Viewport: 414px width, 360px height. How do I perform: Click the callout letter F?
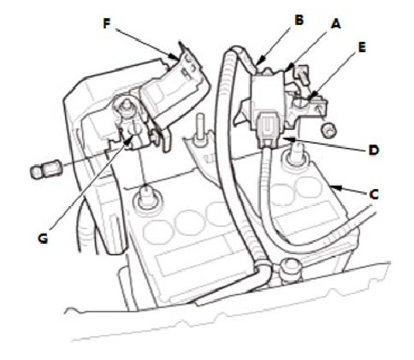[x=107, y=24]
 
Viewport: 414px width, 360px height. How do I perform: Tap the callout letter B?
[x=299, y=21]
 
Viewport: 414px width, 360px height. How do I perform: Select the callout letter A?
[x=336, y=24]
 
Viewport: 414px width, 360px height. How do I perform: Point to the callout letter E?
[x=362, y=48]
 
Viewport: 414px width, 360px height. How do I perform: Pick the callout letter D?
[x=374, y=150]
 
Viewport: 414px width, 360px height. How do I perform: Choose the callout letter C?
[x=374, y=194]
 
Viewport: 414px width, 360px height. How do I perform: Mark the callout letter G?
[x=43, y=239]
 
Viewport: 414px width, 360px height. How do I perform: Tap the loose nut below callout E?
[x=328, y=130]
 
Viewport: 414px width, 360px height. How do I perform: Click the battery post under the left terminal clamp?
[x=147, y=198]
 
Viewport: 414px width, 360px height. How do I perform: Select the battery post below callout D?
[x=296, y=156]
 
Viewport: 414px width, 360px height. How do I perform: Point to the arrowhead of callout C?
[x=334, y=187]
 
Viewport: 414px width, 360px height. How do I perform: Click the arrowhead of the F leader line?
[x=174, y=56]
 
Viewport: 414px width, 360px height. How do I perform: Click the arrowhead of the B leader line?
[x=259, y=62]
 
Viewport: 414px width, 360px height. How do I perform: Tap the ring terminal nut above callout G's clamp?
[x=125, y=105]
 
